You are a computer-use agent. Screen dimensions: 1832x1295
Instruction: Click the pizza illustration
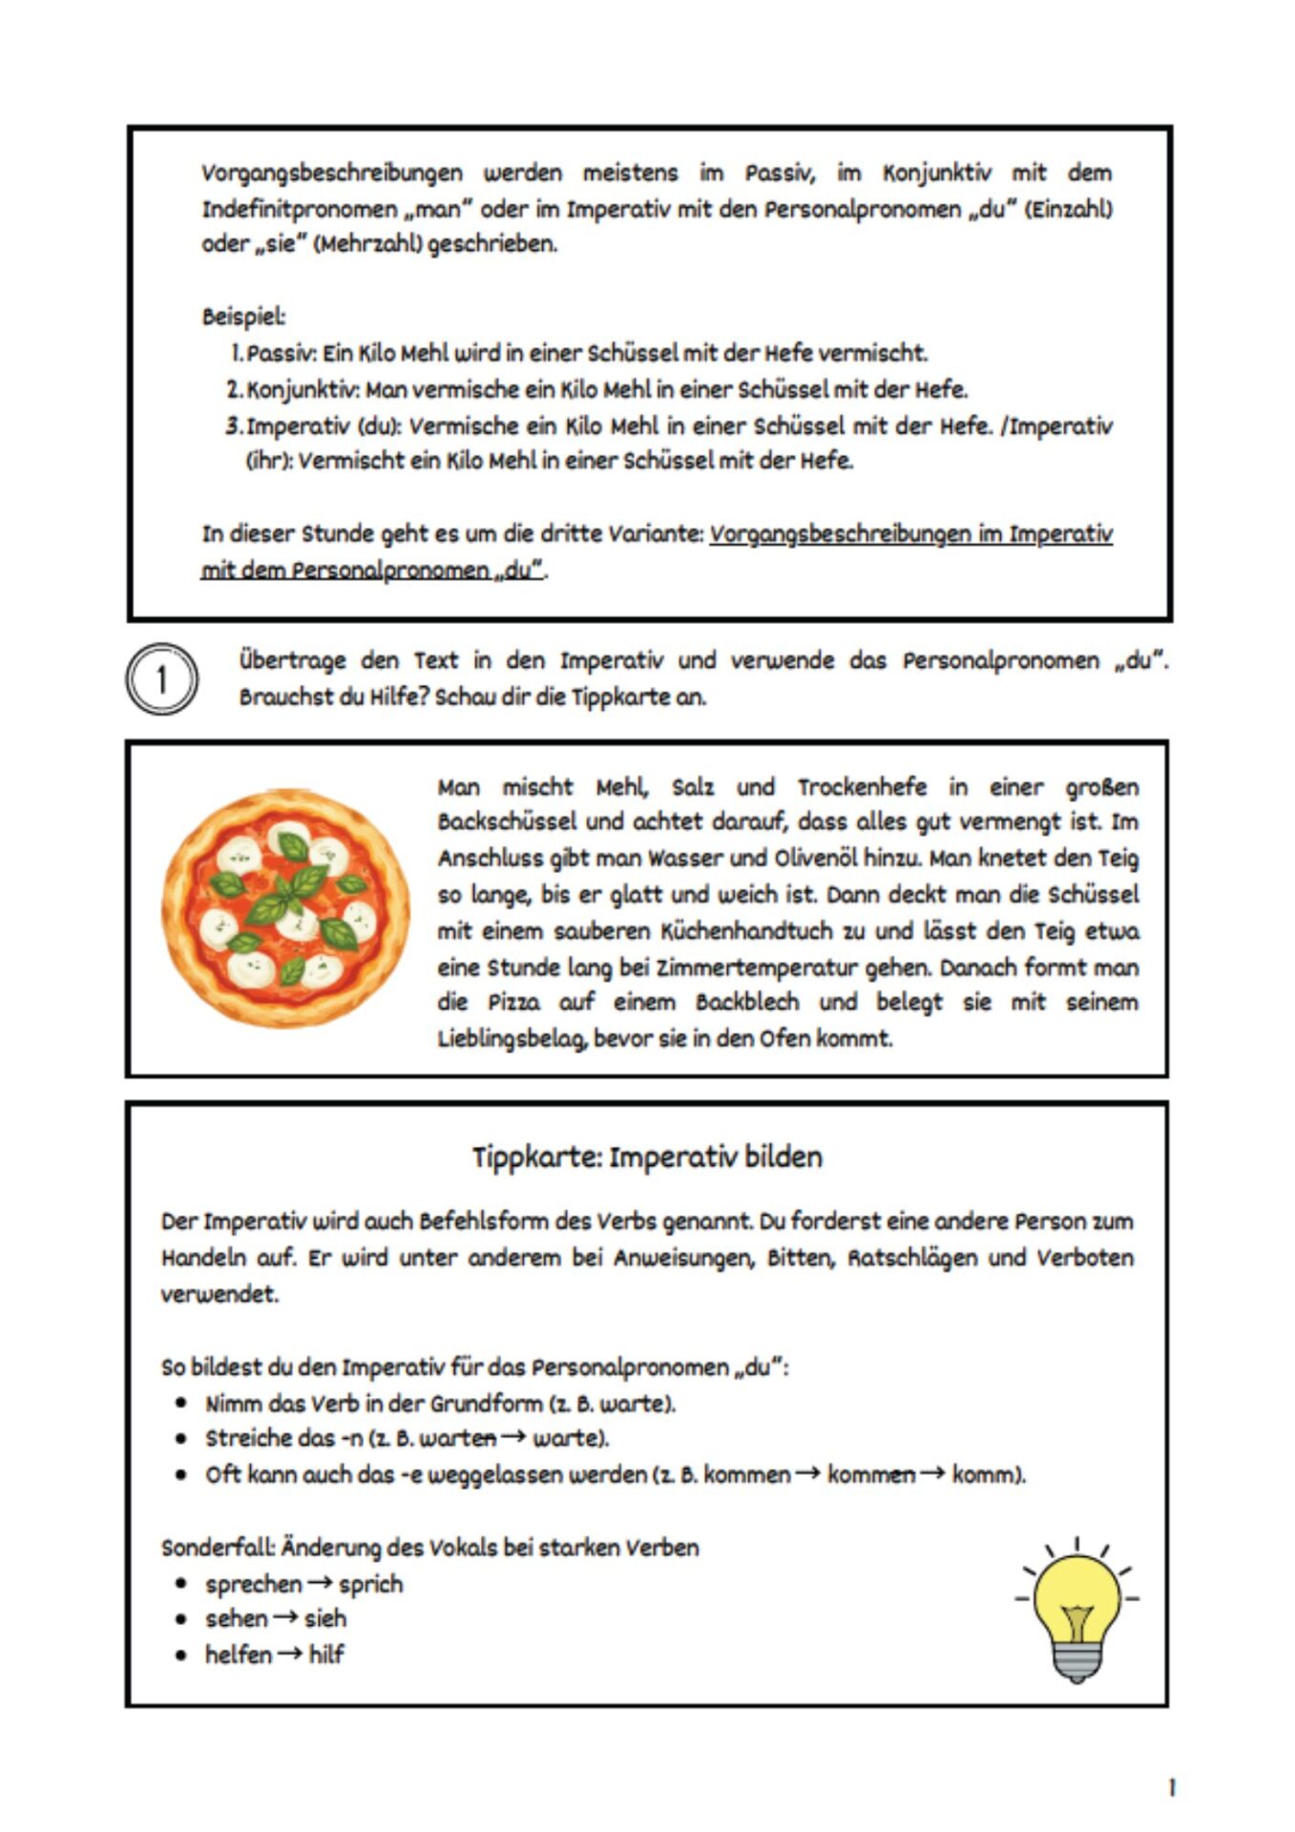coord(285,907)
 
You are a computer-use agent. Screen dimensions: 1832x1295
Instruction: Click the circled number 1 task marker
coord(161,679)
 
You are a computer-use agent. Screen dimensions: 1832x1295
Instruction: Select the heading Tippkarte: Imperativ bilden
coord(647,1157)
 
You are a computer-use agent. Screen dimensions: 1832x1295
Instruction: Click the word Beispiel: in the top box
coord(243,317)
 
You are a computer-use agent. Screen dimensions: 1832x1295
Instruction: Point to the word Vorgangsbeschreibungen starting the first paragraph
coord(332,174)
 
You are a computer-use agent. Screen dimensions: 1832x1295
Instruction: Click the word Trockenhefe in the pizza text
coord(862,787)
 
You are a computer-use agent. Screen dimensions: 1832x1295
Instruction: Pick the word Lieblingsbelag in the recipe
coord(512,1039)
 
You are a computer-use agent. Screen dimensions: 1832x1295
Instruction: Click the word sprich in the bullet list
coord(371,1584)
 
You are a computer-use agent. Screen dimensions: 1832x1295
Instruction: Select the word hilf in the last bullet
coord(326,1655)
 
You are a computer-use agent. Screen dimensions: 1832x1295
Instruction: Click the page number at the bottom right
coord(1172,1787)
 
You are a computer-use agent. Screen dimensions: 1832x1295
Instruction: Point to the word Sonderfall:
coord(218,1548)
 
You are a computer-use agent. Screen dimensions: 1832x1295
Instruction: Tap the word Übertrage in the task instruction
coord(292,660)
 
